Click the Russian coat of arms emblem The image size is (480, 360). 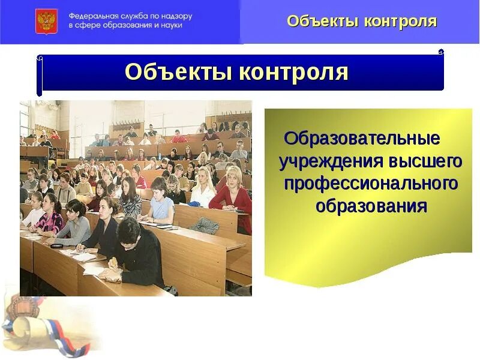coord(46,21)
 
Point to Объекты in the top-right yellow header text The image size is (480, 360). coord(320,22)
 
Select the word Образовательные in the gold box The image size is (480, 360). coord(362,139)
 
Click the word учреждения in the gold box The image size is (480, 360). coord(332,161)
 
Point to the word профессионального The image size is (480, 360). coord(371,184)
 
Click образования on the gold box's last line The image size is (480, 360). coord(371,206)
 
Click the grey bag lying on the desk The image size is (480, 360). coord(205,225)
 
